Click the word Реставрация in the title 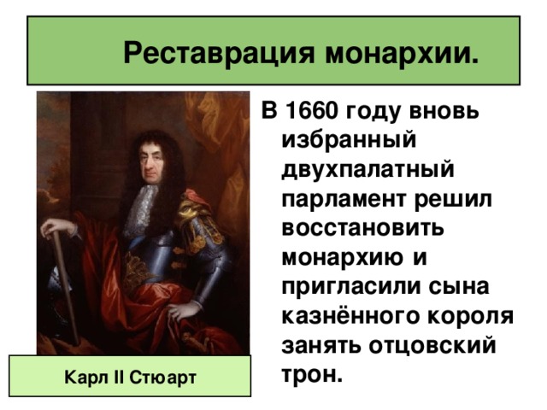219,53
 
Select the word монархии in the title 402,53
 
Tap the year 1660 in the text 312,111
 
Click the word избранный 349,140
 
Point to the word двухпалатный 368,170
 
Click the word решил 453,200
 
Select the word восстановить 362,228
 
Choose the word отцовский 432,346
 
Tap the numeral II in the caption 120,377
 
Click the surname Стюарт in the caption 162,378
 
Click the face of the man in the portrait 152,162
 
